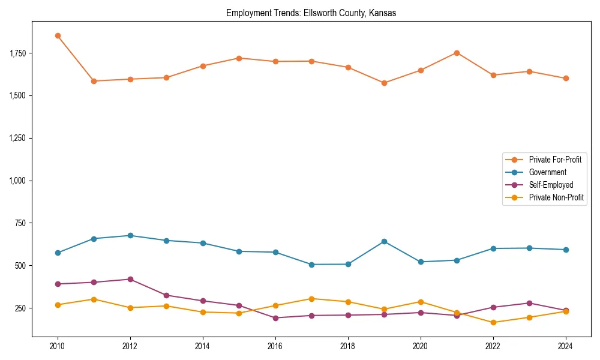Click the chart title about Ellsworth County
(311, 13)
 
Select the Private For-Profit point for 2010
(58, 35)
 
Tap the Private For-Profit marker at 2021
(457, 53)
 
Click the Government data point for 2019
(384, 241)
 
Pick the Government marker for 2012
(130, 235)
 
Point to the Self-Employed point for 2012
(130, 279)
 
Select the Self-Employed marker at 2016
(275, 318)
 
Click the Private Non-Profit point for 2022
(493, 322)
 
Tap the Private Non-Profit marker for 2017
(311, 299)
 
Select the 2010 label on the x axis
(58, 346)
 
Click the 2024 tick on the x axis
(566, 346)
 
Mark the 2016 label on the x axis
(275, 346)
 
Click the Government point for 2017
(311, 265)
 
